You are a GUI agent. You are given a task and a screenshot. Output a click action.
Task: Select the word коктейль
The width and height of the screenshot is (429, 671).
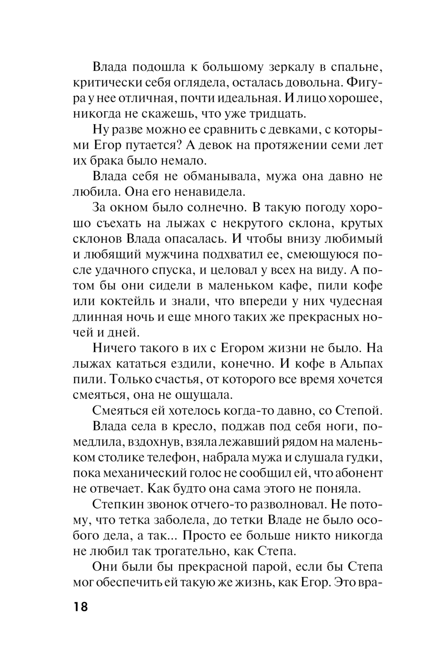tap(130, 301)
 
